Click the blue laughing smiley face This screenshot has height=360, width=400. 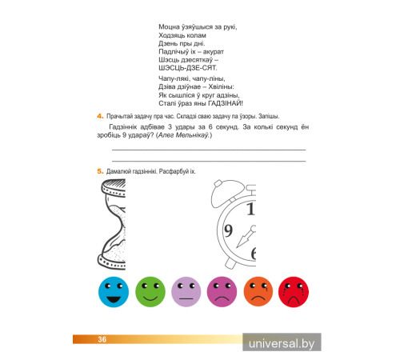pyautogui.click(x=114, y=292)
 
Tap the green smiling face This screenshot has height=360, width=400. pyautogui.click(x=150, y=292)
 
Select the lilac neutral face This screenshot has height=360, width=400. pyautogui.click(x=186, y=292)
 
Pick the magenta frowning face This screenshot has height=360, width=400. pyautogui.click(x=222, y=292)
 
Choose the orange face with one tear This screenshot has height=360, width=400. pyautogui.click(x=258, y=292)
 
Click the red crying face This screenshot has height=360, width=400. pyautogui.click(x=294, y=292)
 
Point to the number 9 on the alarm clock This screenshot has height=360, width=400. pyautogui.click(x=228, y=230)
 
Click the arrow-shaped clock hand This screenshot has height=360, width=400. pyautogui.click(x=246, y=237)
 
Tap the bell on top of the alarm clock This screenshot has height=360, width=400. pyautogui.click(x=226, y=193)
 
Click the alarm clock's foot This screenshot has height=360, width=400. pyautogui.click(x=230, y=263)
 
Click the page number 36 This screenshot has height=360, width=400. pyautogui.click(x=102, y=339)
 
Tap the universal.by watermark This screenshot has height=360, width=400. pyautogui.click(x=282, y=343)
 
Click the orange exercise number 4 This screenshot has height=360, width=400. pyautogui.click(x=100, y=116)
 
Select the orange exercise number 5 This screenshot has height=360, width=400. pyautogui.click(x=100, y=171)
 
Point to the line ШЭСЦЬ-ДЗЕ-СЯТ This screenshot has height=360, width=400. pyautogui.click(x=188, y=68)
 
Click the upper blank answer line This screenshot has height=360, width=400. pyautogui.click(x=209, y=150)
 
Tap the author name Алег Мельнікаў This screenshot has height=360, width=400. pyautogui.click(x=183, y=135)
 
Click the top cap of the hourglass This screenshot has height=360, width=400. pyautogui.click(x=114, y=187)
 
